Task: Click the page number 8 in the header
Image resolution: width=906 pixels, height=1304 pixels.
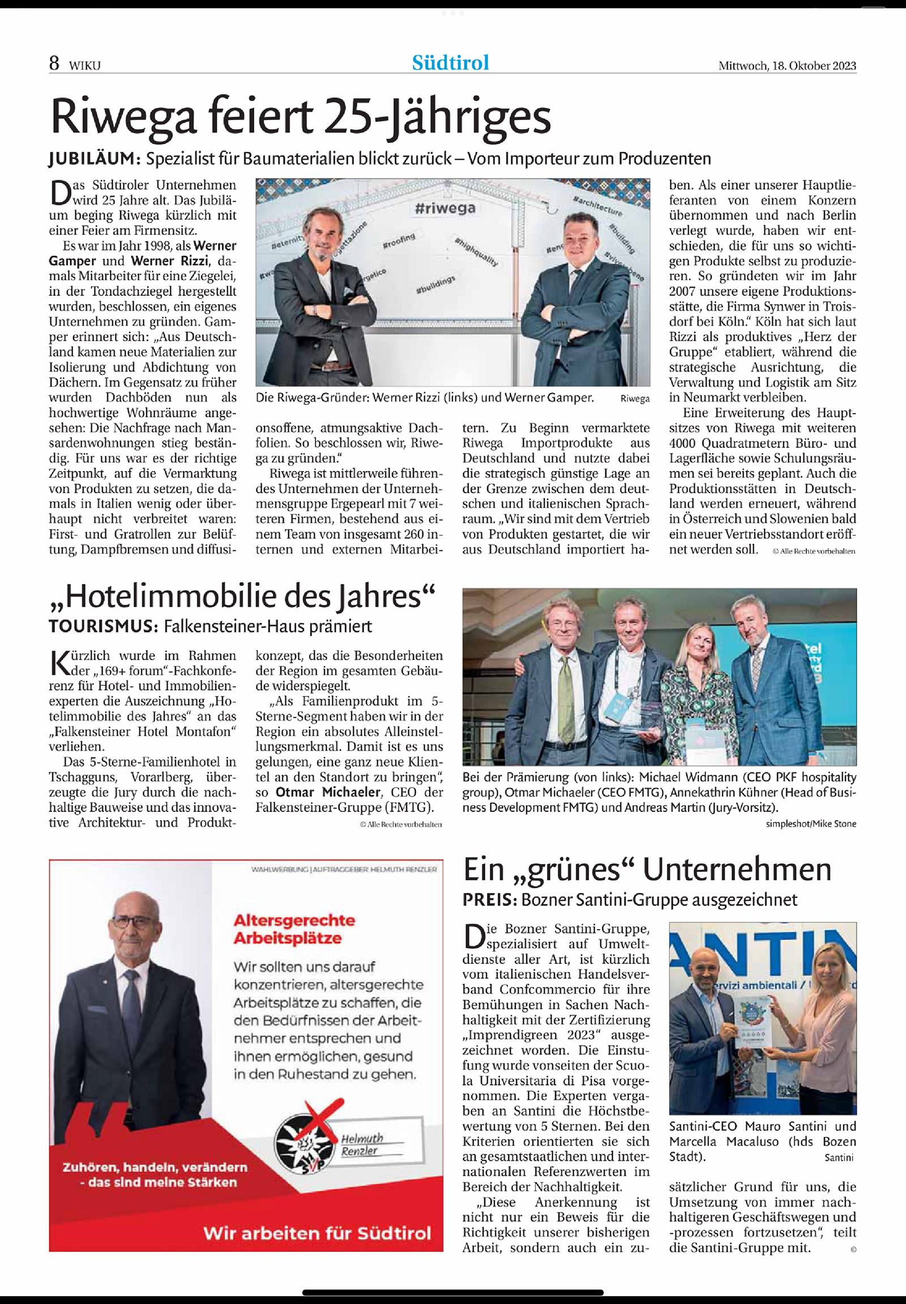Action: click(x=54, y=63)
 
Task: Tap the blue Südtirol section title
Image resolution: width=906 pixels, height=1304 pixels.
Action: click(x=450, y=62)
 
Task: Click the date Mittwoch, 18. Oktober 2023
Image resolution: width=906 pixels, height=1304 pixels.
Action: click(x=787, y=65)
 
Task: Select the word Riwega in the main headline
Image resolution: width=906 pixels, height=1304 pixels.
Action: click(x=124, y=117)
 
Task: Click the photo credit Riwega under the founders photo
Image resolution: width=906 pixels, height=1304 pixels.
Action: click(x=635, y=399)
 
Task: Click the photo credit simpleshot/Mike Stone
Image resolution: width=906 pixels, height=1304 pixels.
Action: click(x=811, y=824)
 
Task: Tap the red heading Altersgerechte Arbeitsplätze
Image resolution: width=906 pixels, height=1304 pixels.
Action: click(x=293, y=929)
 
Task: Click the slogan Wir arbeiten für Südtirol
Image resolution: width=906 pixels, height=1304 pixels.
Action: click(x=317, y=1233)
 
